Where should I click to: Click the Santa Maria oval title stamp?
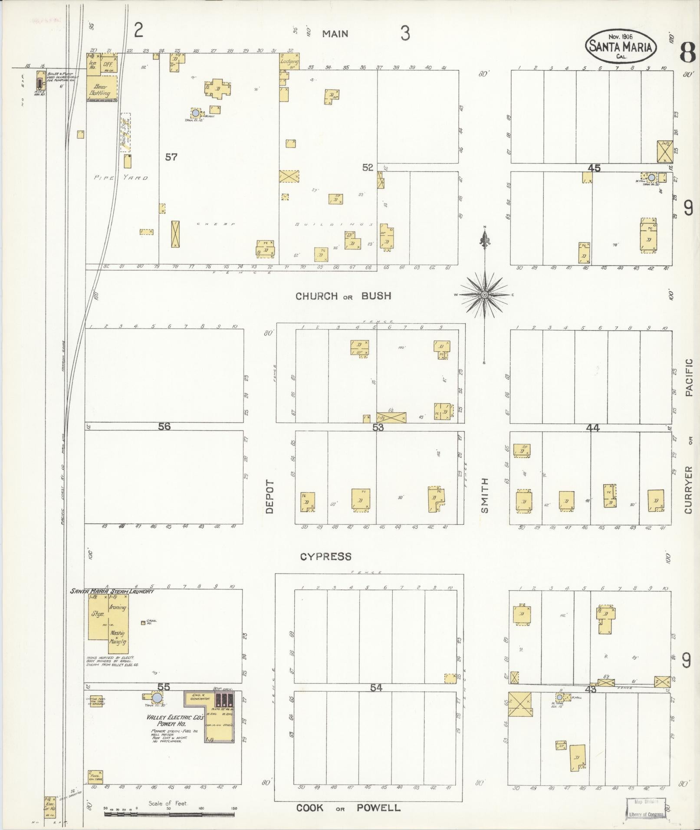(621, 46)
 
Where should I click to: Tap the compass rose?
(484, 295)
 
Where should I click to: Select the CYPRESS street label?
(325, 556)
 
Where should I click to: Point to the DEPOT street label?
(270, 497)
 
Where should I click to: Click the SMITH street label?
(485, 495)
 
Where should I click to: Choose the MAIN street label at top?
(335, 33)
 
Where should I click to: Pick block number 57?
(171, 157)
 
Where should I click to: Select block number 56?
(164, 426)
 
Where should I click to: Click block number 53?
(378, 427)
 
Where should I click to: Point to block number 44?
(592, 428)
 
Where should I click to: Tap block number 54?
(376, 688)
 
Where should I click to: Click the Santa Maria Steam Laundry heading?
(112, 591)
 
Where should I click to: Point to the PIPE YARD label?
(121, 178)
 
